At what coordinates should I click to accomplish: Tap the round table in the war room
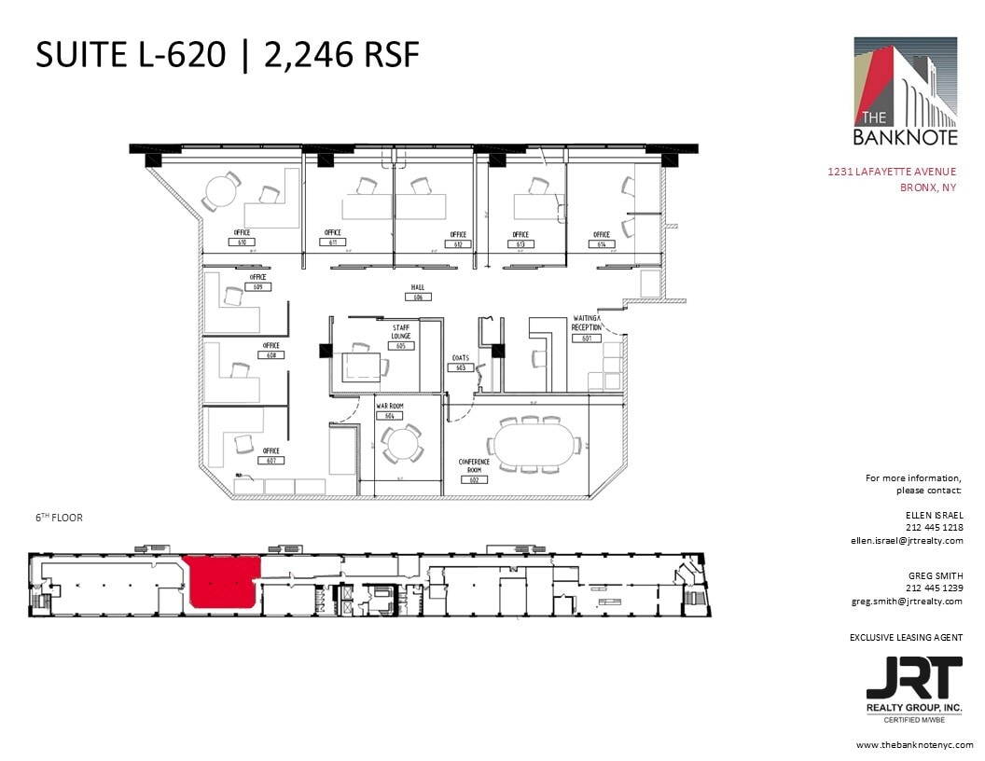404,442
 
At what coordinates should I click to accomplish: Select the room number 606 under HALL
418,297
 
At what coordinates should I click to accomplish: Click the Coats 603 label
461,363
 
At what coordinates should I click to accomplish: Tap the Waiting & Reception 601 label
587,327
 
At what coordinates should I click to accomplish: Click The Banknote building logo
906,92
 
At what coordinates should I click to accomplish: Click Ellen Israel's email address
906,540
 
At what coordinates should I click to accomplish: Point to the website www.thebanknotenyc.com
914,745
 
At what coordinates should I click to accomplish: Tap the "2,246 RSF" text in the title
341,55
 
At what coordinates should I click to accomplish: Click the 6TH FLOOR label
59,518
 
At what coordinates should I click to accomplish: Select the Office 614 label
602,240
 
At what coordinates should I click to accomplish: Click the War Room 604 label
389,411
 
